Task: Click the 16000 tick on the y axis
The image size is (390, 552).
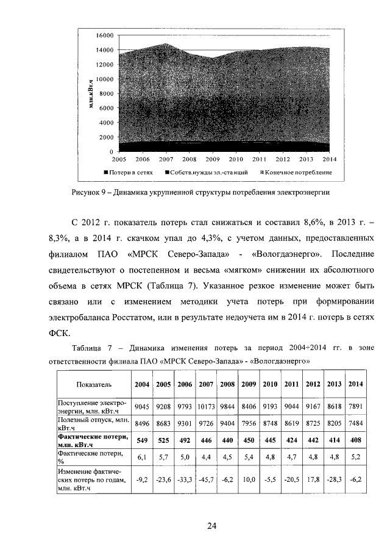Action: [105, 35]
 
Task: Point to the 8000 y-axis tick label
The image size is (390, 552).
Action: [107, 93]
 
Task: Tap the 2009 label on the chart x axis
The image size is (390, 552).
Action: [212, 159]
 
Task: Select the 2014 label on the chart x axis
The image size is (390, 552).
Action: [329, 159]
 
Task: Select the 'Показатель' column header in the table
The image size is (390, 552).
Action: [93, 384]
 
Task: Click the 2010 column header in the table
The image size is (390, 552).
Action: [270, 384]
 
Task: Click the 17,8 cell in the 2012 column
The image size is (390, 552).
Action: [313, 480]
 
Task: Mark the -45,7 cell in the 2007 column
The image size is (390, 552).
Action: [206, 480]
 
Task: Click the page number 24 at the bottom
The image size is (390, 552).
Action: [211, 526]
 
